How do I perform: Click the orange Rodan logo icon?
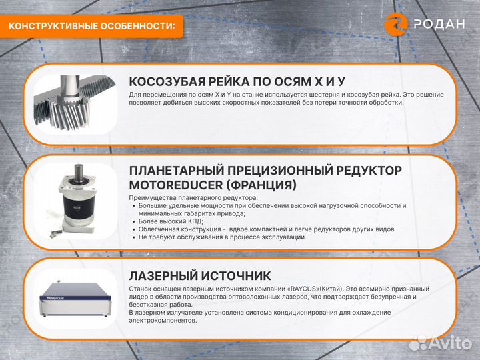397,24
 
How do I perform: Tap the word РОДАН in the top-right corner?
439,25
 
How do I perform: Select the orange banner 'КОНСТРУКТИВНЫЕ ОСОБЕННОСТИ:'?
91,26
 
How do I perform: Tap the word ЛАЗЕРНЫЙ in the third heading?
161,275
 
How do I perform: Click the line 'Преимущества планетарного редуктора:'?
193,197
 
